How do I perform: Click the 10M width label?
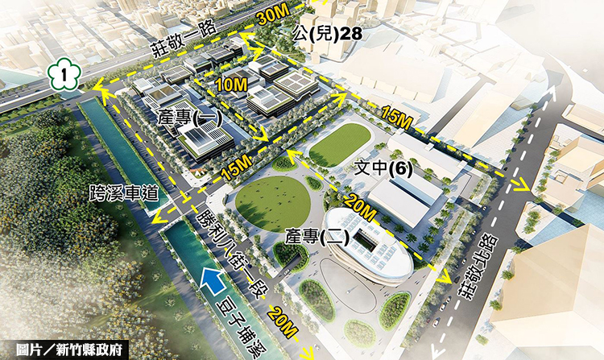pos(230,83)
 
